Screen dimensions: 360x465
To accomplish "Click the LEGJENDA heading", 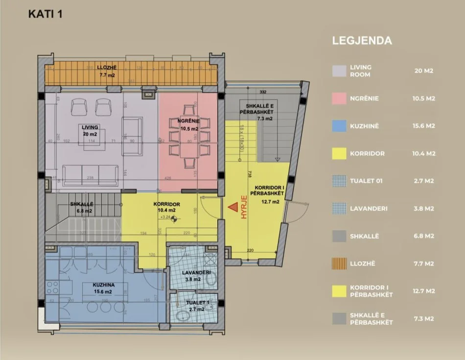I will [x=362, y=41].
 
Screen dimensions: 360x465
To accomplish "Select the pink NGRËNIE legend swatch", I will [x=339, y=98].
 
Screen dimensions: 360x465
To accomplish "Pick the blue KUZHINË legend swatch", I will [x=339, y=126].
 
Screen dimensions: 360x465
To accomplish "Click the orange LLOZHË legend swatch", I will [x=339, y=264].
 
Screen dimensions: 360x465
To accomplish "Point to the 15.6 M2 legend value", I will [x=423, y=126].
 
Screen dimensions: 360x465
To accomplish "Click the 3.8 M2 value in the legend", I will [x=423, y=208].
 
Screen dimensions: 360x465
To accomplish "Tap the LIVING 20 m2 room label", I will [x=91, y=130].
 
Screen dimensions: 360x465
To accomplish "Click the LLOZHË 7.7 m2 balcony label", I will [x=106, y=72].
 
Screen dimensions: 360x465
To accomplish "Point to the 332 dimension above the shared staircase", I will [x=262, y=92].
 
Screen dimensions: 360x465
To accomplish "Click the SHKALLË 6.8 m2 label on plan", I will [x=81, y=208].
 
